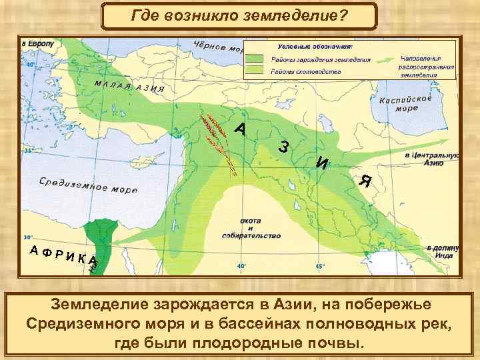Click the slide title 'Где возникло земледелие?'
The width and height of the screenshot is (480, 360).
coord(239,14)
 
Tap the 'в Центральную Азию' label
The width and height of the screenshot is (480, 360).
coord(433,158)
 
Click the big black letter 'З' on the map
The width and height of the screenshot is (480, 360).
coord(284,147)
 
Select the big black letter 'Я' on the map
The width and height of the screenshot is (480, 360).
coord(364,181)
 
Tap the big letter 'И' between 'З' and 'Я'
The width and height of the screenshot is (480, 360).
coord(322,162)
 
